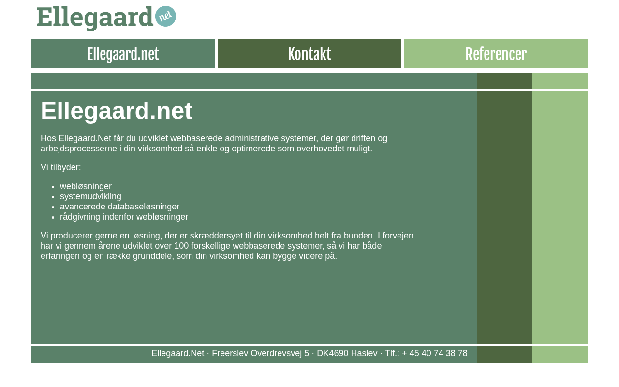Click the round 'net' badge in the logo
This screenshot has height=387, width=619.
pos(165,16)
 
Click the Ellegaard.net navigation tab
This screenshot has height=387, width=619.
pos(123,53)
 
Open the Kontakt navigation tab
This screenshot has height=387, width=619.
pos(309,53)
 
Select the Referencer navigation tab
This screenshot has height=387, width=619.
pos(496,53)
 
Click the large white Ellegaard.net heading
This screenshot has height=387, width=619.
pos(117,111)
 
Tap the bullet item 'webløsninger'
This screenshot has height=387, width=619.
pos(86,186)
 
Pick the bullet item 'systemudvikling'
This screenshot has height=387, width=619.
pos(90,196)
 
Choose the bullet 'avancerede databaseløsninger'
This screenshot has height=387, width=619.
pos(119,207)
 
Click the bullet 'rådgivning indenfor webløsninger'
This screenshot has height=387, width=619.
pos(124,217)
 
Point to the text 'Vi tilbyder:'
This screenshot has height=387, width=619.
pos(61,167)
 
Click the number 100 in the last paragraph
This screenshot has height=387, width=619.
pos(182,246)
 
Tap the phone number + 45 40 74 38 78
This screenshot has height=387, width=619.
pos(435,353)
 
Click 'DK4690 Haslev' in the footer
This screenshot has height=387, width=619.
pos(347,353)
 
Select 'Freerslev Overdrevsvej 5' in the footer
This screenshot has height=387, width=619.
pos(261,353)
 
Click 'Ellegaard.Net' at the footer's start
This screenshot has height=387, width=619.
pos(178,353)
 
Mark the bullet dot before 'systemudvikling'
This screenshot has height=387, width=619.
pos(53,197)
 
